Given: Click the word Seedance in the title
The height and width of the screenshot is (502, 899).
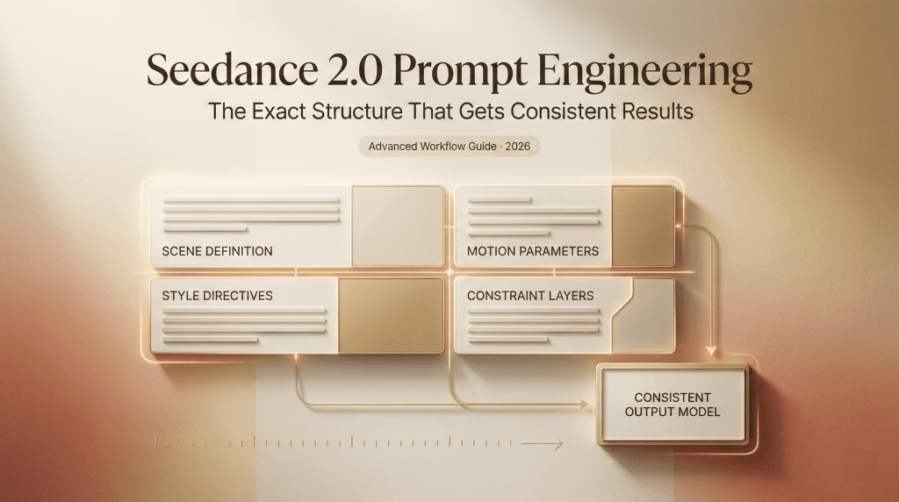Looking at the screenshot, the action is [x=232, y=70].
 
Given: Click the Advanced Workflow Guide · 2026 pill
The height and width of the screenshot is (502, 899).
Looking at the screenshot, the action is [x=449, y=147].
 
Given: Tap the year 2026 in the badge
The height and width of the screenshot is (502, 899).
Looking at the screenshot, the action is [x=518, y=147].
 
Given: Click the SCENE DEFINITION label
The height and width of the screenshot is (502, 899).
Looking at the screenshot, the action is [x=218, y=251].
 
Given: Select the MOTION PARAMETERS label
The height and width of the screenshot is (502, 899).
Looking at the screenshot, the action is [x=533, y=251].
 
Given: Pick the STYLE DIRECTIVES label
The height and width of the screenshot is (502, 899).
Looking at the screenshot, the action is [x=218, y=296].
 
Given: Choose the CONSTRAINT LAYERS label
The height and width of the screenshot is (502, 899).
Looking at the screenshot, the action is [x=530, y=296].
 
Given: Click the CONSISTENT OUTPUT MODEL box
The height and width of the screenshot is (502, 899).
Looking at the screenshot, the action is [x=672, y=405].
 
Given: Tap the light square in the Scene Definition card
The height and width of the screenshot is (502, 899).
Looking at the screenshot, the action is [x=398, y=226].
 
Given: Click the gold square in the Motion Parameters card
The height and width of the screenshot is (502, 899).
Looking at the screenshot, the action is [x=644, y=226].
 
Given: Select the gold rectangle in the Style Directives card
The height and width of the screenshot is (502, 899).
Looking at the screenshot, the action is [x=391, y=316].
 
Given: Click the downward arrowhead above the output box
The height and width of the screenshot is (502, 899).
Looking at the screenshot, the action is [x=711, y=351].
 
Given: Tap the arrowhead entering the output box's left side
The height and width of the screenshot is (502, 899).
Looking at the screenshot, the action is [x=585, y=405].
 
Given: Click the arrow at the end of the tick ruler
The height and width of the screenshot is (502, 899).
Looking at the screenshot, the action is [x=542, y=443].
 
